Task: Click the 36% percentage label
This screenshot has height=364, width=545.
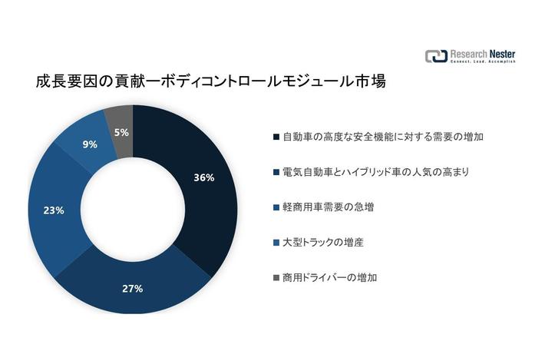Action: pyautogui.click(x=203, y=177)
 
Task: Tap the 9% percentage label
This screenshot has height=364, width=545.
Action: pyautogui.click(x=90, y=144)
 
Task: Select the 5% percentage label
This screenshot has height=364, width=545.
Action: pyautogui.click(x=121, y=133)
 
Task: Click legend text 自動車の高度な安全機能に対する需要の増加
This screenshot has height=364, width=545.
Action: pyautogui.click(x=372, y=137)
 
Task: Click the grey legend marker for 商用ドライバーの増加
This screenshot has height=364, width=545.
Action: pyautogui.click(x=276, y=276)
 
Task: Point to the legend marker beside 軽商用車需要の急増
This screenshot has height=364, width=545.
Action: pyautogui.click(x=276, y=207)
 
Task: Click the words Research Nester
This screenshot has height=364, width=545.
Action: pyautogui.click(x=483, y=53)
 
